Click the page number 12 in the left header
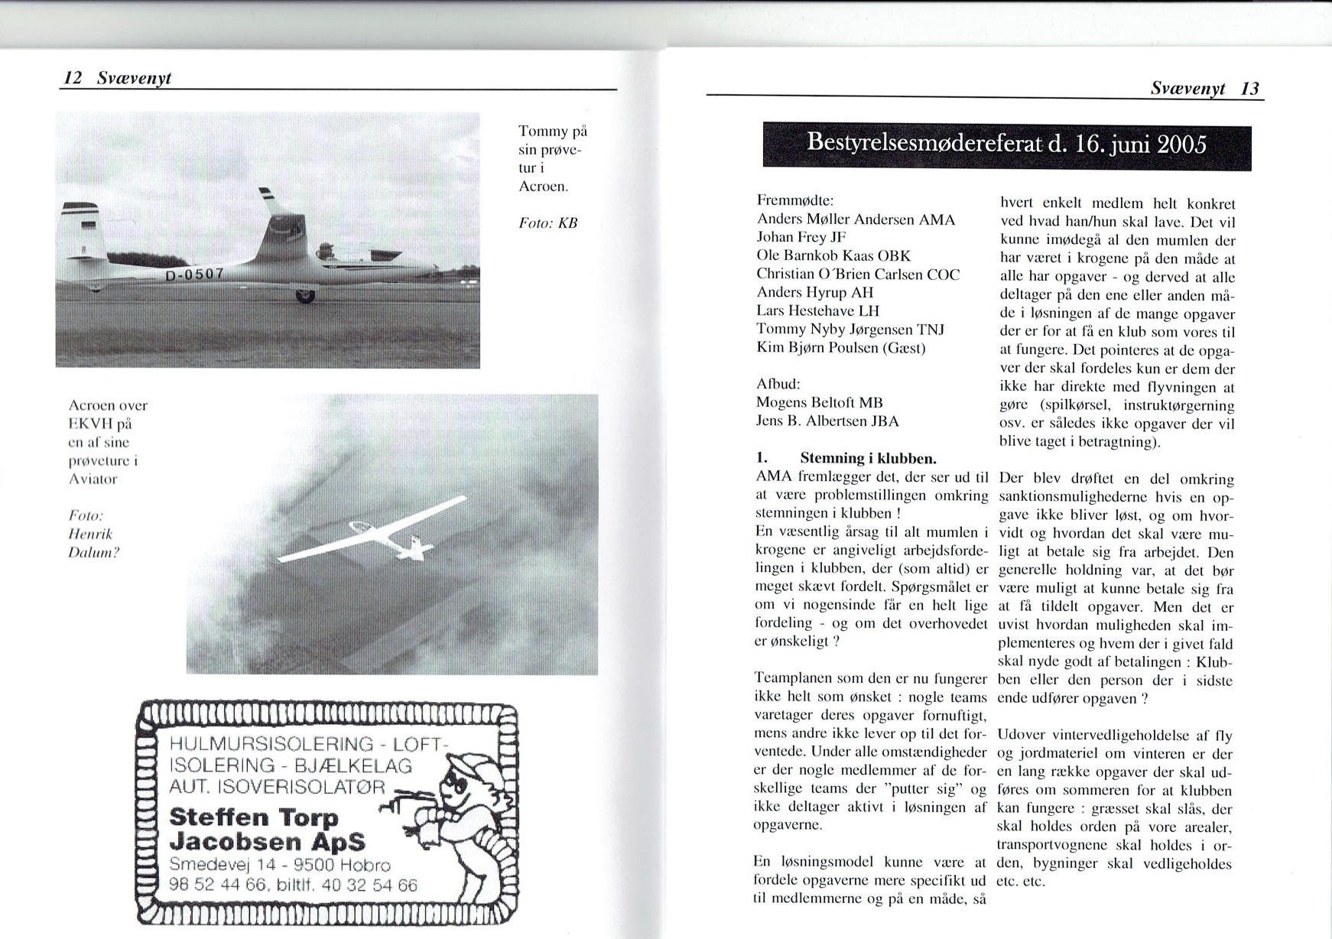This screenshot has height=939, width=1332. [73, 78]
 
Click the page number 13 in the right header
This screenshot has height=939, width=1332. [1249, 89]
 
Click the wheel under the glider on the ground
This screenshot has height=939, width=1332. [304, 294]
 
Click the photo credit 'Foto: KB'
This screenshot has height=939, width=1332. [547, 223]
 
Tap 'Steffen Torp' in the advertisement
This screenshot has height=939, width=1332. [253, 817]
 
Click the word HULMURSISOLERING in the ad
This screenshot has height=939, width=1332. [271, 743]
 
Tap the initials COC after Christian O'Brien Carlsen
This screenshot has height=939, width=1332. [943, 275]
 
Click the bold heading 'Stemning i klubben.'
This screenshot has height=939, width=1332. [868, 459]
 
